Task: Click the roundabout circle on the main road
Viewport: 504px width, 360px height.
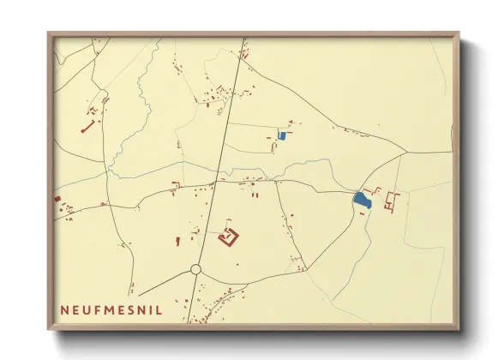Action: (x=195, y=269)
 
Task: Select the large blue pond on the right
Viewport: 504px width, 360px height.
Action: (x=362, y=201)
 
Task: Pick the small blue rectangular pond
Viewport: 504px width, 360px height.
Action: (x=282, y=135)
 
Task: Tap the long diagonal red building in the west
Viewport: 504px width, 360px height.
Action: (x=87, y=127)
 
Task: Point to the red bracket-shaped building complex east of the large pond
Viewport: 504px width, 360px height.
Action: (x=393, y=202)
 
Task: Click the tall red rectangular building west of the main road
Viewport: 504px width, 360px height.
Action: (x=178, y=241)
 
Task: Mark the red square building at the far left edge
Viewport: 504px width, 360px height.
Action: (x=58, y=199)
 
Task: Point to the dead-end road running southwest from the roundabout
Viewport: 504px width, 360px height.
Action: (x=163, y=284)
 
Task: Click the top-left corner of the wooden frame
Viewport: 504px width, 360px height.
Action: (x=50, y=35)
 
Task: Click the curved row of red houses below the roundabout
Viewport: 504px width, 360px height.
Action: (x=219, y=304)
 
